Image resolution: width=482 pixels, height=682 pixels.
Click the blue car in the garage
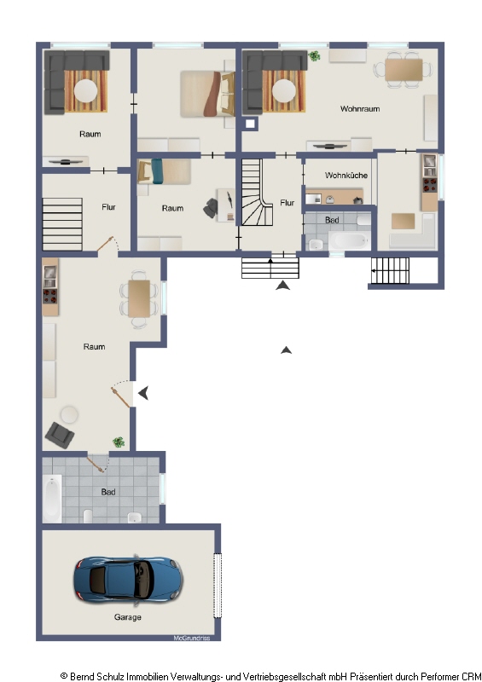click(129, 581)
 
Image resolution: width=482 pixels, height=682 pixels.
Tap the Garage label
click(128, 616)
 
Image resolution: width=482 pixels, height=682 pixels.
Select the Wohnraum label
click(360, 109)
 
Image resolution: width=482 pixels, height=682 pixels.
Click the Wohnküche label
click(346, 176)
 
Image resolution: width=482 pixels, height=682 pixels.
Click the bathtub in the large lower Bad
click(52, 499)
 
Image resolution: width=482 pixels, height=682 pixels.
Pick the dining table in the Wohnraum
click(404, 70)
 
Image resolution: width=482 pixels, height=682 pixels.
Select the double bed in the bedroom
click(207, 94)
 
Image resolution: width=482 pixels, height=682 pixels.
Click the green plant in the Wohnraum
click(313, 55)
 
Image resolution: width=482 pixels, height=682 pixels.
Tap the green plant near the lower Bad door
click(119, 442)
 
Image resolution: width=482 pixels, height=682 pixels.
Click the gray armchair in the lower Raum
click(60, 435)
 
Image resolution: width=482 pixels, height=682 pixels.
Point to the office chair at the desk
click(212, 208)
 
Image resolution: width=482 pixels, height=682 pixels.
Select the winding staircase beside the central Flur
click(257, 193)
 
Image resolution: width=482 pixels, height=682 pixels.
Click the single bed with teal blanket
click(164, 171)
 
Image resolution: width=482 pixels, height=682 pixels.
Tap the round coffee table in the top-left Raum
click(86, 91)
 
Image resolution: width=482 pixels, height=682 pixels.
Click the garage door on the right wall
click(218, 585)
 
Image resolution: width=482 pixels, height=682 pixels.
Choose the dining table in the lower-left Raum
click(139, 299)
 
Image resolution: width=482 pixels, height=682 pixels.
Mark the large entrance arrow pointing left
click(143, 393)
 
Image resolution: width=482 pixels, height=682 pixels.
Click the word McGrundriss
click(192, 638)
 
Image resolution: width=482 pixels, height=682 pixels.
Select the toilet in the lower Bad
click(88, 516)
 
